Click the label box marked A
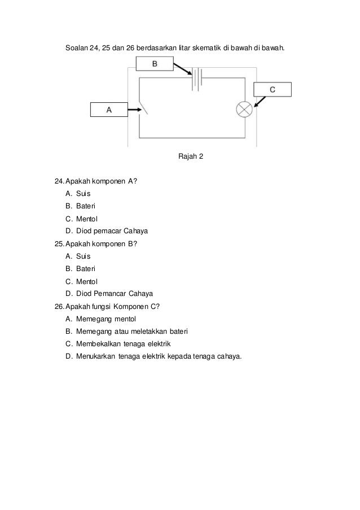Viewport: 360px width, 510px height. tap(109, 110)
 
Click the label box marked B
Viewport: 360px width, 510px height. tap(153, 65)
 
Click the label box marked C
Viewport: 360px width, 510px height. tap(272, 89)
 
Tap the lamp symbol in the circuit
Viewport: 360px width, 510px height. tap(244, 109)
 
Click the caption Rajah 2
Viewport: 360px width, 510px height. tap(190, 155)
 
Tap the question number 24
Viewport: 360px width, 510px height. tap(59, 181)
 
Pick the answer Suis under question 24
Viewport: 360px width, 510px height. tap(83, 193)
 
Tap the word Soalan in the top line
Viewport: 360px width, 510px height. tap(76, 45)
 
